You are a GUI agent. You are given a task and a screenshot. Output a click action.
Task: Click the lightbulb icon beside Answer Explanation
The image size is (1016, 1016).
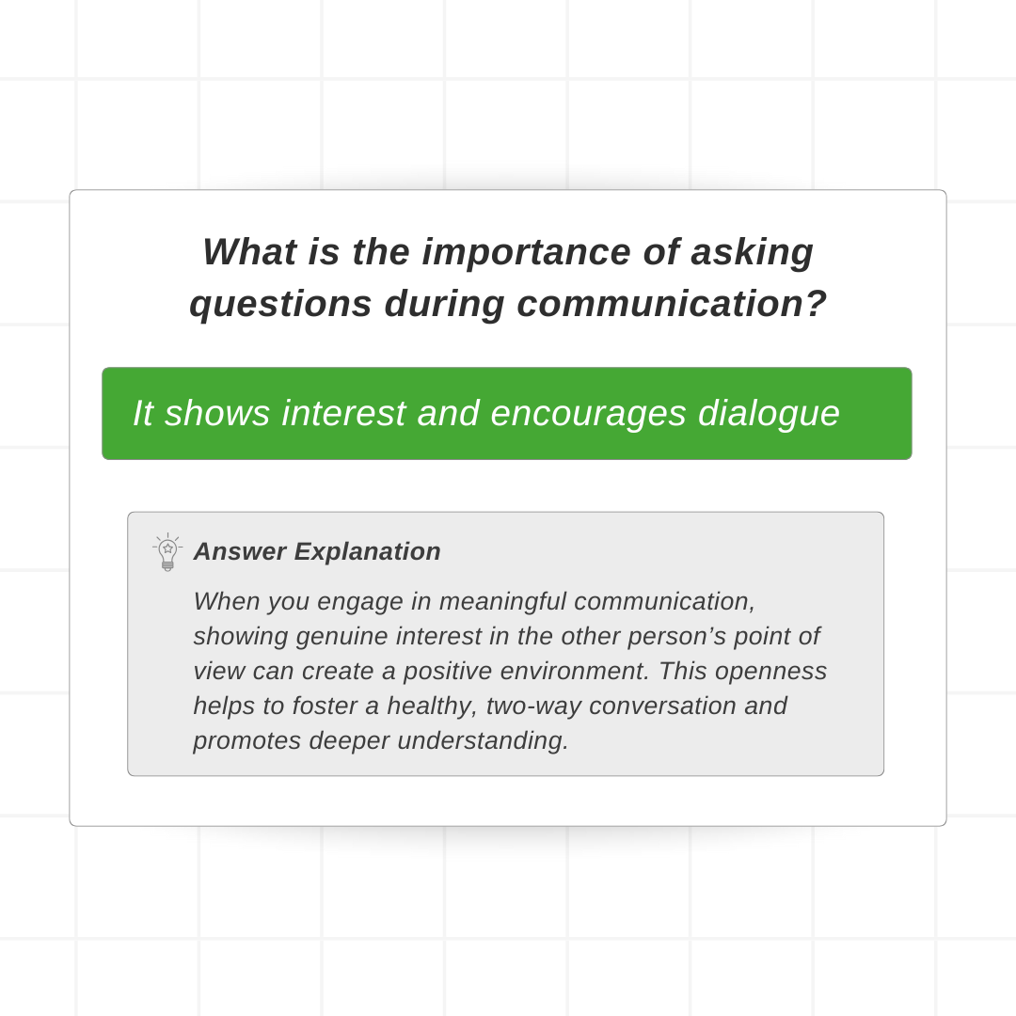point(167,552)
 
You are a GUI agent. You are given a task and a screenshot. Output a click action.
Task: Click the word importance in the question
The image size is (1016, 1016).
point(526,252)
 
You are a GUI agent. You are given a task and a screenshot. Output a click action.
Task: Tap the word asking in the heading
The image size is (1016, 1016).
point(752,252)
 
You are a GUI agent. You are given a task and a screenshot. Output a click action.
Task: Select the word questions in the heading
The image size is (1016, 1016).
point(280,305)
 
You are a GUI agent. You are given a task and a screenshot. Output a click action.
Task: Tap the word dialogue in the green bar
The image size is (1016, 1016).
point(769,413)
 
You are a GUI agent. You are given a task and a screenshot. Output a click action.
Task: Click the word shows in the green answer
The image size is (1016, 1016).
point(217,413)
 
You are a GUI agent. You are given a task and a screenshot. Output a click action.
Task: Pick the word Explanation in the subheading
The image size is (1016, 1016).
point(368,552)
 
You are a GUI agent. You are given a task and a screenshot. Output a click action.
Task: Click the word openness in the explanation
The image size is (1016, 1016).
point(771,672)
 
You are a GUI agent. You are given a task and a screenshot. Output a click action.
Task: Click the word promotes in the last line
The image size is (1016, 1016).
point(246,741)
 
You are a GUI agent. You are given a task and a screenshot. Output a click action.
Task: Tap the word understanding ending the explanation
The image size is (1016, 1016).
point(483,741)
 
